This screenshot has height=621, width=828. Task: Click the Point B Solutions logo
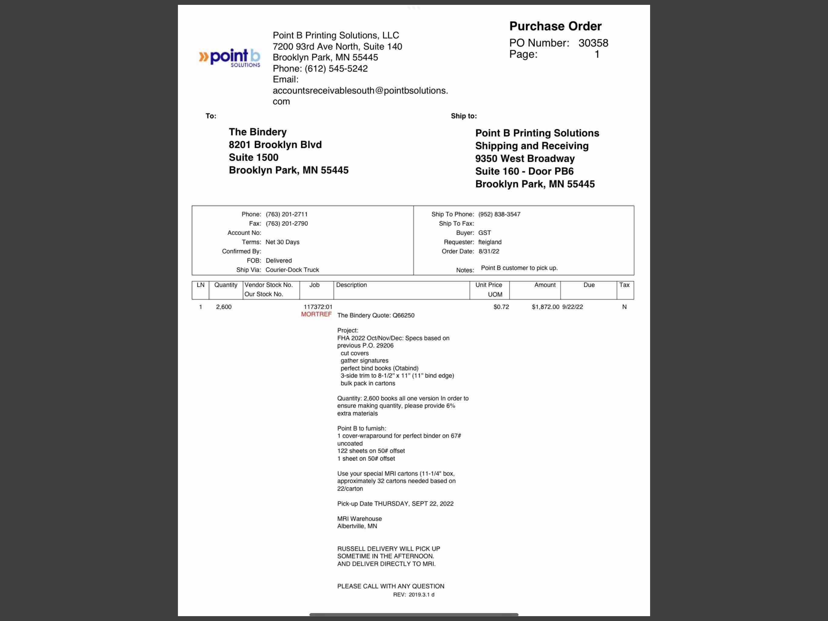(x=229, y=58)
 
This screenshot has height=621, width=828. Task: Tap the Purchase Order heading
(x=555, y=26)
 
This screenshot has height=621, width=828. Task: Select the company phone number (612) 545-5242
(x=336, y=69)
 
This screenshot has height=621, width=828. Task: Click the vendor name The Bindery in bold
(x=258, y=132)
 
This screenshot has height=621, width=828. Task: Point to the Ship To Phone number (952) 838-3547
(x=499, y=214)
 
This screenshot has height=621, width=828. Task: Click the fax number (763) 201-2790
(x=286, y=223)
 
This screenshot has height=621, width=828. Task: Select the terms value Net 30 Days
(x=282, y=242)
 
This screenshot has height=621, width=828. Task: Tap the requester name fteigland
(x=489, y=242)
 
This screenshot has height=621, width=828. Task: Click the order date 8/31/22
(x=489, y=251)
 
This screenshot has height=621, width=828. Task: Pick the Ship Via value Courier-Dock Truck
(x=292, y=270)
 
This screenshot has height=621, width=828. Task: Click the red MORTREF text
(x=316, y=314)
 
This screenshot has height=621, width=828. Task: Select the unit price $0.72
(x=501, y=307)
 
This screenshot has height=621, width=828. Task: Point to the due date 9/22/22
(x=572, y=307)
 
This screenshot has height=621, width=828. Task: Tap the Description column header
(x=351, y=285)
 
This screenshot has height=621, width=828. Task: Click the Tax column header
(x=624, y=285)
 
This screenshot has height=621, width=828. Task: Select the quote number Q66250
(x=403, y=315)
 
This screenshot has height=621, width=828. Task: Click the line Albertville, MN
(x=357, y=526)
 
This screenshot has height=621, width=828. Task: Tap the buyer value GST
(x=484, y=233)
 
